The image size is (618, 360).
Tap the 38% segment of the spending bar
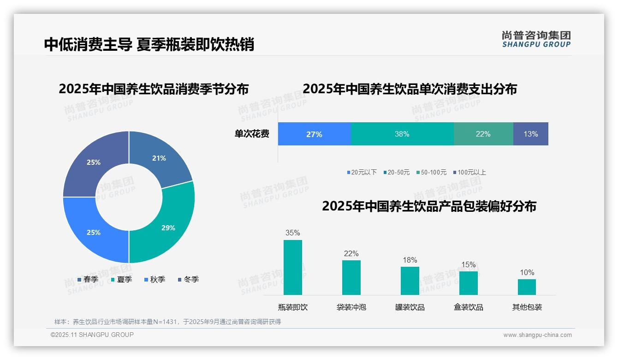(402, 134)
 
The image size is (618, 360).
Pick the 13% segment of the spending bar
(530, 134)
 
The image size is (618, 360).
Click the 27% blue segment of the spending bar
(314, 134)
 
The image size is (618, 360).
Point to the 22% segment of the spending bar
(483, 134)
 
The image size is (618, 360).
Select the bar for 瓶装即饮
(293, 268)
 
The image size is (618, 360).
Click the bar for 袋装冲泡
(351, 277)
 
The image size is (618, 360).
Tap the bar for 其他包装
(527, 287)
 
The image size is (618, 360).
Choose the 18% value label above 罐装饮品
(410, 260)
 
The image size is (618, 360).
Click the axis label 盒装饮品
(468, 307)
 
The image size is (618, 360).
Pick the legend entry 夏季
(124, 279)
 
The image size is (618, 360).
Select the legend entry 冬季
(191, 279)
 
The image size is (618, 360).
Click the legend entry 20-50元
(398, 172)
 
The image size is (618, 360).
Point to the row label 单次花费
(252, 134)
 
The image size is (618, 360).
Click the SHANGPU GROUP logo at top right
(536, 39)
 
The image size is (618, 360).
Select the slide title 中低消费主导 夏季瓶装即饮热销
(149, 44)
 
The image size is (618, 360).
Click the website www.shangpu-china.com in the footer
(537, 335)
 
